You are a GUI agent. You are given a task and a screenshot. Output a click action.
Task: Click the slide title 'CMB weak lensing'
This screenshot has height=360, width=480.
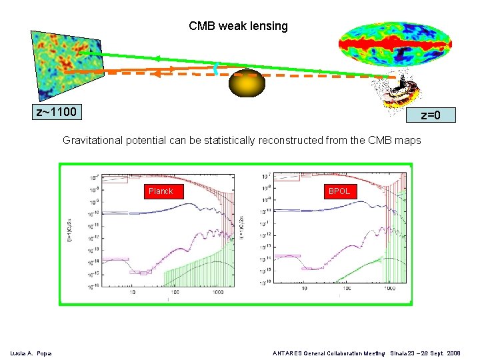(x=238, y=26)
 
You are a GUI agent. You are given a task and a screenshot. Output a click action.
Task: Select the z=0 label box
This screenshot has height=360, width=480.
(x=431, y=115)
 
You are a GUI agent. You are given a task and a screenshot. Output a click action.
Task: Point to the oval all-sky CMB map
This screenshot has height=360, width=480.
(x=395, y=44)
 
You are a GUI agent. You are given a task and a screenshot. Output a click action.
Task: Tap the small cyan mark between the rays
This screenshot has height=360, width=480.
(x=216, y=67)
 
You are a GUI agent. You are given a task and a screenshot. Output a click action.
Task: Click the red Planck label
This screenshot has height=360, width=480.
(x=161, y=191)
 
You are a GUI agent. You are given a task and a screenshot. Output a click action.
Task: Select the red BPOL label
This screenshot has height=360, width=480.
(x=339, y=191)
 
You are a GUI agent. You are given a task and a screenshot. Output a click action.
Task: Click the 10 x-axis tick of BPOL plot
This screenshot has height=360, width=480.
(x=305, y=289)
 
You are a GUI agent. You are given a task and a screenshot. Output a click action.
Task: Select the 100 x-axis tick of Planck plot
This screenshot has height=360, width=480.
(x=175, y=292)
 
